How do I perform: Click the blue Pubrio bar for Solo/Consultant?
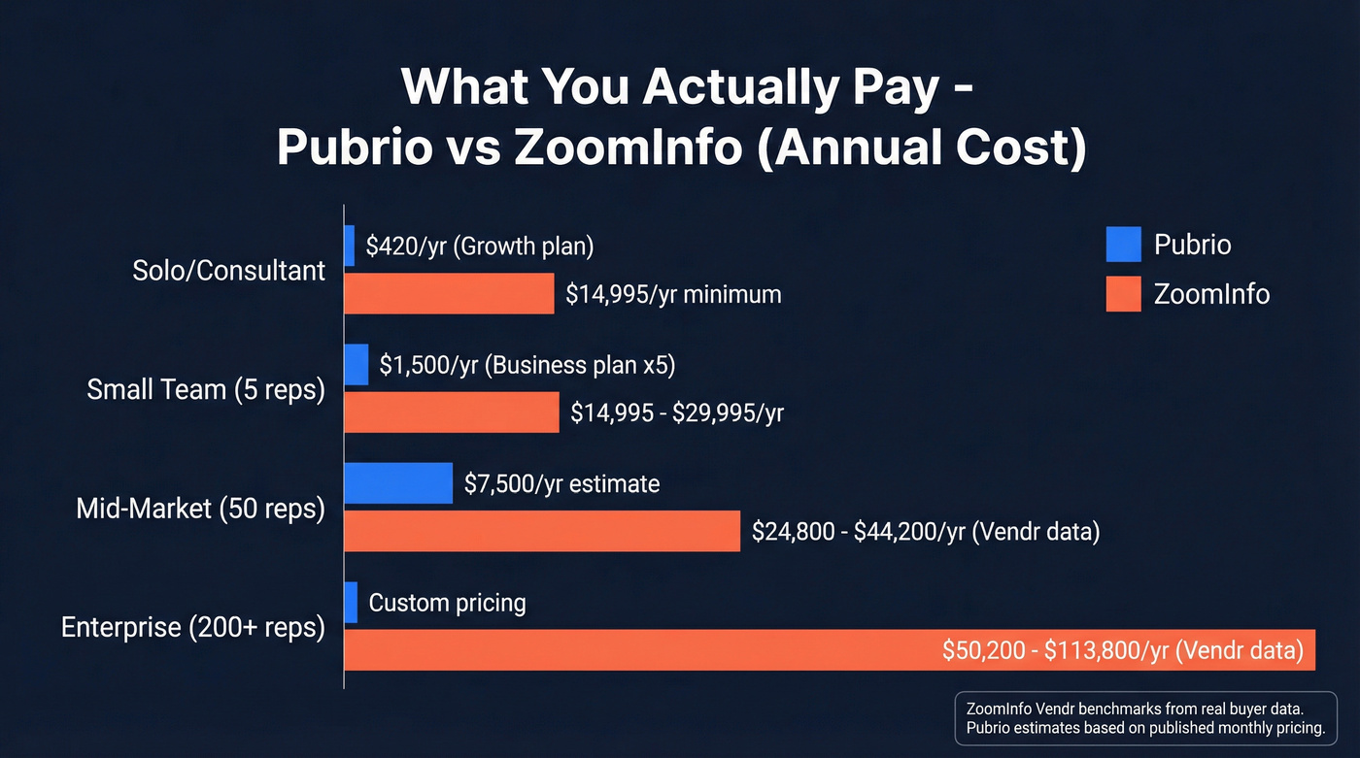(350, 246)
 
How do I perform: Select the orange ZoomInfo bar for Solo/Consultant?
(450, 293)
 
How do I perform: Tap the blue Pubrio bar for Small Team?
(357, 365)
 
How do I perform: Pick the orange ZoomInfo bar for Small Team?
(452, 412)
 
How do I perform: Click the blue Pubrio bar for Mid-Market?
(398, 483)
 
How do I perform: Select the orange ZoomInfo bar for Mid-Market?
(542, 531)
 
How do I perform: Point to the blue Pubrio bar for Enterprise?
(351, 603)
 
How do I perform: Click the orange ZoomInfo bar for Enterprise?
(829, 649)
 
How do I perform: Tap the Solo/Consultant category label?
(228, 270)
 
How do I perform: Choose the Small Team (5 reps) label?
(206, 389)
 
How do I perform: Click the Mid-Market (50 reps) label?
(200, 508)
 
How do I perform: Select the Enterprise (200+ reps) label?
(192, 627)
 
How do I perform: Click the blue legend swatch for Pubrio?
(1123, 245)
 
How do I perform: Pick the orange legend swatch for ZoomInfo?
(1123, 293)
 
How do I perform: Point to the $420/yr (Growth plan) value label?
(479, 246)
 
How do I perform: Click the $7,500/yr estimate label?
(561, 483)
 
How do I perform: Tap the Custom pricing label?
(447, 603)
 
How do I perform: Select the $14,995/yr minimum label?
(673, 293)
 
